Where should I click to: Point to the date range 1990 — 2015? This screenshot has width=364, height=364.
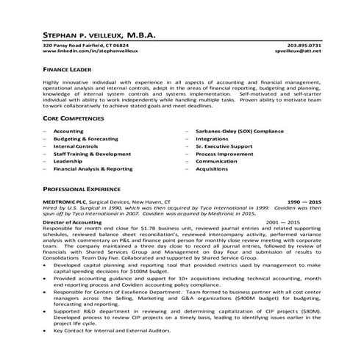(304, 201)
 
